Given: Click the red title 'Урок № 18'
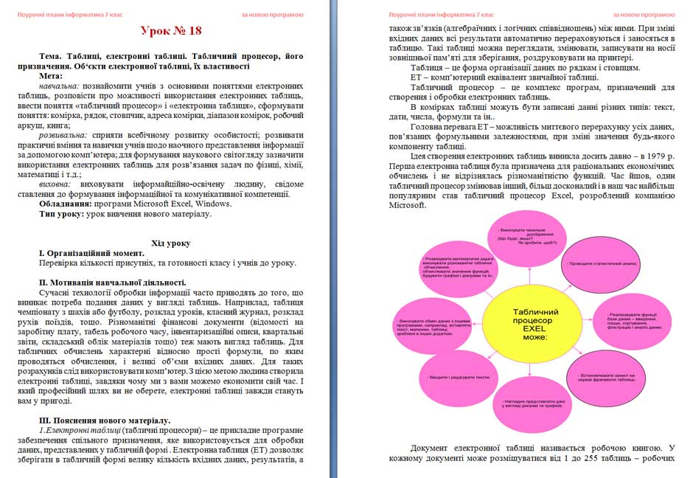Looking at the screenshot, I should pos(170,30).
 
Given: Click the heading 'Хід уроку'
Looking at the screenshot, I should pos(170,243).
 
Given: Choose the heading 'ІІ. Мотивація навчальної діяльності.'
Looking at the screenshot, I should pos(111,283).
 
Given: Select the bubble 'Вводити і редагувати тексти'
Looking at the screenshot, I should pos(459,376).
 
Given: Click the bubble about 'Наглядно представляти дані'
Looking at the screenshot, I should pos(528,405).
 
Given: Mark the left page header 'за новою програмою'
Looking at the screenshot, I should pos(272,14).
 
